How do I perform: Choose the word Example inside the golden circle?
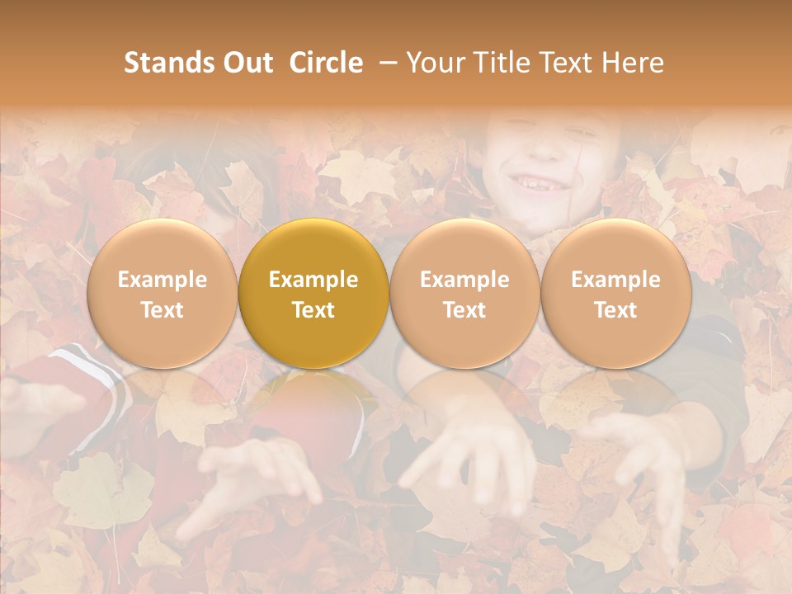click(313, 280)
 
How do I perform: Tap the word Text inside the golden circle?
click(313, 310)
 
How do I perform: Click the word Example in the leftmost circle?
click(163, 280)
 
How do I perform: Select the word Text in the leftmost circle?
click(163, 310)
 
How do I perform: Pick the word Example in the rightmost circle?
click(615, 280)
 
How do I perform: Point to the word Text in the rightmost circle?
click(615, 310)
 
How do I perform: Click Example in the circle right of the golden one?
click(464, 280)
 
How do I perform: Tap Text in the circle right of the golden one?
click(464, 310)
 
